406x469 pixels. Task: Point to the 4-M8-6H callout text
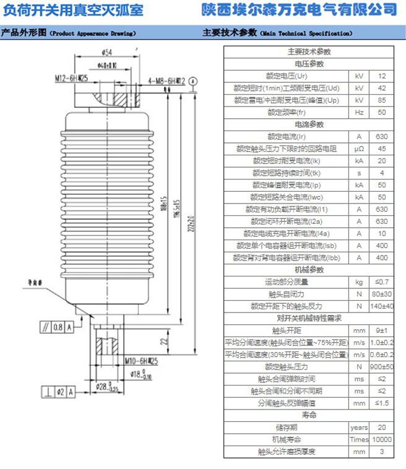166,80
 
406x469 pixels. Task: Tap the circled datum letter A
194,80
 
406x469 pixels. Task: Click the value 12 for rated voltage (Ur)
382,75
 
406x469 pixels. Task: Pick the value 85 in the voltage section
382,100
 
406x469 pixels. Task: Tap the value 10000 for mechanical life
382,439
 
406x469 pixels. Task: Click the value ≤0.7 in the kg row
382,282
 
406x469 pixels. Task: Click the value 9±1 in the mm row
382,330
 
